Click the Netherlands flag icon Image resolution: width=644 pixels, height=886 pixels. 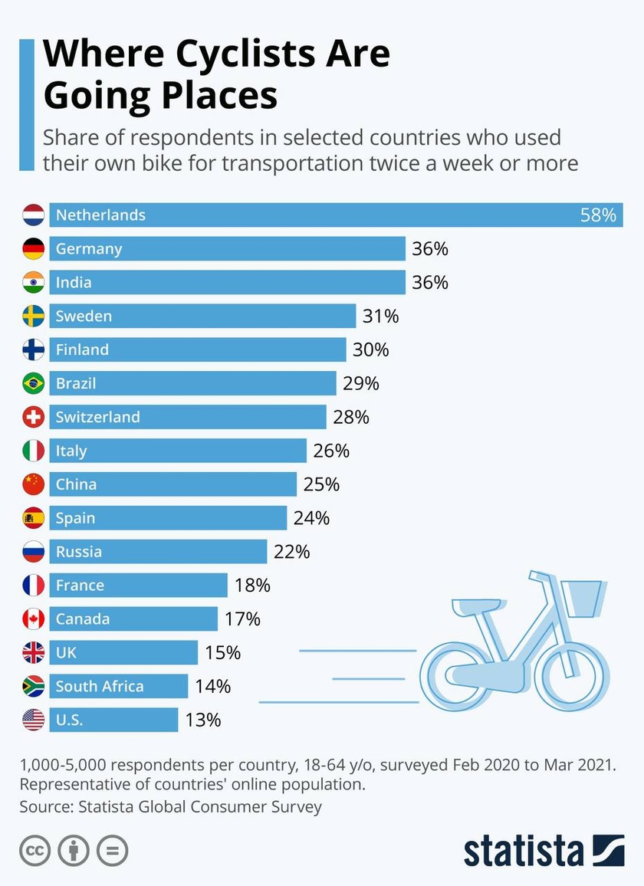[x=34, y=215]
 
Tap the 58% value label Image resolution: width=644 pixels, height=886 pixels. [x=598, y=215]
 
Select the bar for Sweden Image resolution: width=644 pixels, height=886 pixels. [x=202, y=316]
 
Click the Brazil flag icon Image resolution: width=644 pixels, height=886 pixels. [x=34, y=382]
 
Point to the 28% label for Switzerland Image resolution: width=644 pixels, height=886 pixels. [x=351, y=417]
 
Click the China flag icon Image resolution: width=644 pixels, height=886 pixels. [x=34, y=484]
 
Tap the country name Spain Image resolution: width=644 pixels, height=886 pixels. [x=75, y=518]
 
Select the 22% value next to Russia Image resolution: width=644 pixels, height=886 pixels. [x=291, y=552]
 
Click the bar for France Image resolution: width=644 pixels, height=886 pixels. [x=138, y=586]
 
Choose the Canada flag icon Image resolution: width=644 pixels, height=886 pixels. [x=34, y=619]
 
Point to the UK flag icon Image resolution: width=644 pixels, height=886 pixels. [x=34, y=652]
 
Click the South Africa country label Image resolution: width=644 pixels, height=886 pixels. [x=100, y=686]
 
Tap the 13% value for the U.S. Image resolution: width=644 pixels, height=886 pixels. [x=202, y=720]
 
